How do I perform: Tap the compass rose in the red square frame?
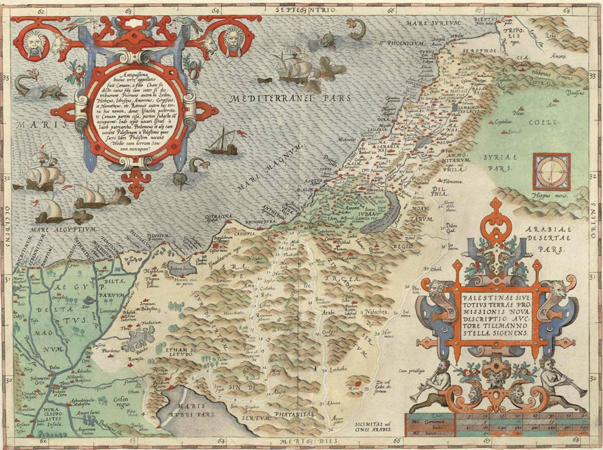551,171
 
